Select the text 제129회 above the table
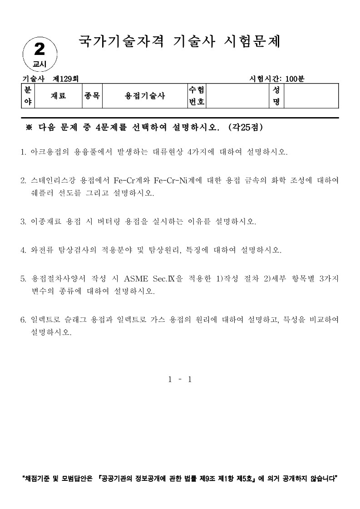click(66, 79)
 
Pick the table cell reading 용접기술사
click(145, 96)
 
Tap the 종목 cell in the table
click(92, 96)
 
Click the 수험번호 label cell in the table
click(197, 96)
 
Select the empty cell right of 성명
click(311, 96)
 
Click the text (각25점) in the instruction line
click(246, 127)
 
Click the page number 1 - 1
click(180, 379)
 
